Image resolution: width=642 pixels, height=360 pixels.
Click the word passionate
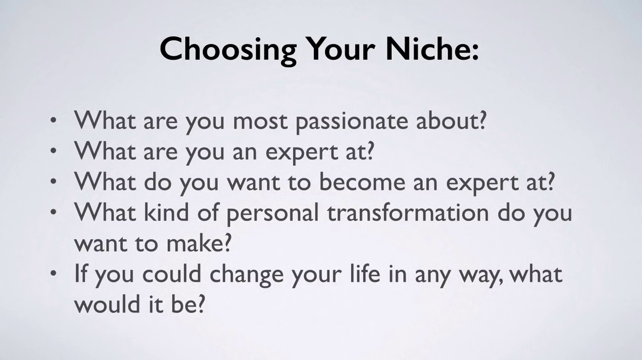(352, 122)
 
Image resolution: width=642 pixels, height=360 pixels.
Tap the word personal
(272, 215)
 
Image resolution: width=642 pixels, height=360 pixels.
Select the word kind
(166, 213)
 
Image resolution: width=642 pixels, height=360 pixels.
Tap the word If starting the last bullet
(81, 273)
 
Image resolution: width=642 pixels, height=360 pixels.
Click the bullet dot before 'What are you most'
(53, 121)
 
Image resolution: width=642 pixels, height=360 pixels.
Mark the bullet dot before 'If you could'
(53, 273)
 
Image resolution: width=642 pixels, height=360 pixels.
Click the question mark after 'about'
(482, 120)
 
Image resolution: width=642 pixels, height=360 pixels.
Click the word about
(446, 120)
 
